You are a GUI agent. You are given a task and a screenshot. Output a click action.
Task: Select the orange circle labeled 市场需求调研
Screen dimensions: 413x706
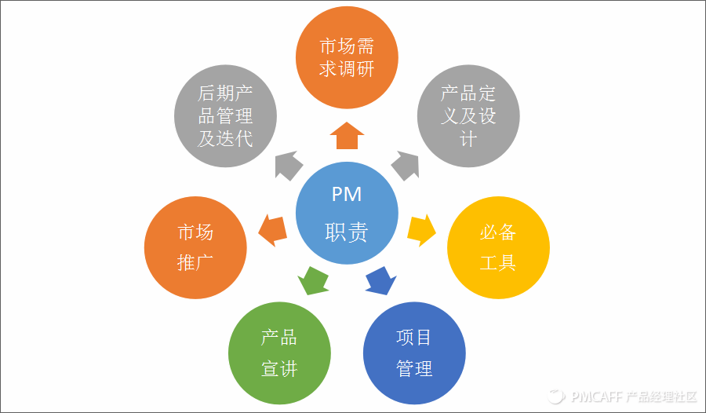[x=346, y=57]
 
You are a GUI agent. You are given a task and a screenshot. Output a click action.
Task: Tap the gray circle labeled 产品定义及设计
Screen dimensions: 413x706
[x=468, y=116]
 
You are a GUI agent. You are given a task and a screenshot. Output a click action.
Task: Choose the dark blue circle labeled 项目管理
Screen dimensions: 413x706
[x=415, y=353]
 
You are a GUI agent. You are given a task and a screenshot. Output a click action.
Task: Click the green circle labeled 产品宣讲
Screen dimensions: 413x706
[x=278, y=353]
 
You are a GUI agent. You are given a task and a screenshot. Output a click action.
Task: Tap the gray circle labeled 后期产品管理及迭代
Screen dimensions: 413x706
[x=225, y=116]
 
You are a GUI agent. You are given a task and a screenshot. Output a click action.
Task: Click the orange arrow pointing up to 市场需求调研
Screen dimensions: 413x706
[x=346, y=135]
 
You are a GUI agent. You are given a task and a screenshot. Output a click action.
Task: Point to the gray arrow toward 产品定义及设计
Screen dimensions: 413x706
[x=404, y=163]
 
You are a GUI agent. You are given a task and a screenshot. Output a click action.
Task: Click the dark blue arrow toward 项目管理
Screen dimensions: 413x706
[x=380, y=280]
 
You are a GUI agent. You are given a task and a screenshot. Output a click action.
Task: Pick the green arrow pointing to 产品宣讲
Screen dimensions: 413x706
[x=314, y=280]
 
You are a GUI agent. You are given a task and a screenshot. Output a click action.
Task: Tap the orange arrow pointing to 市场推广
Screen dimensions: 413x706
[x=271, y=229]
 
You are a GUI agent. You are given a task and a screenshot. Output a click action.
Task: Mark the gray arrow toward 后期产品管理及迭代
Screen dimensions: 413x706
[x=288, y=163]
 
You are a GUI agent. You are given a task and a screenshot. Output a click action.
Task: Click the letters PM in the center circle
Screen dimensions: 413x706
[x=346, y=196]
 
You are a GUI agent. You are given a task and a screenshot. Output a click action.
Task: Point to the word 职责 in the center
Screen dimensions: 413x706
[x=346, y=232]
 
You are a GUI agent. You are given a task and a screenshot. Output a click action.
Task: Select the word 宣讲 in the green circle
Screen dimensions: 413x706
[x=278, y=368]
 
